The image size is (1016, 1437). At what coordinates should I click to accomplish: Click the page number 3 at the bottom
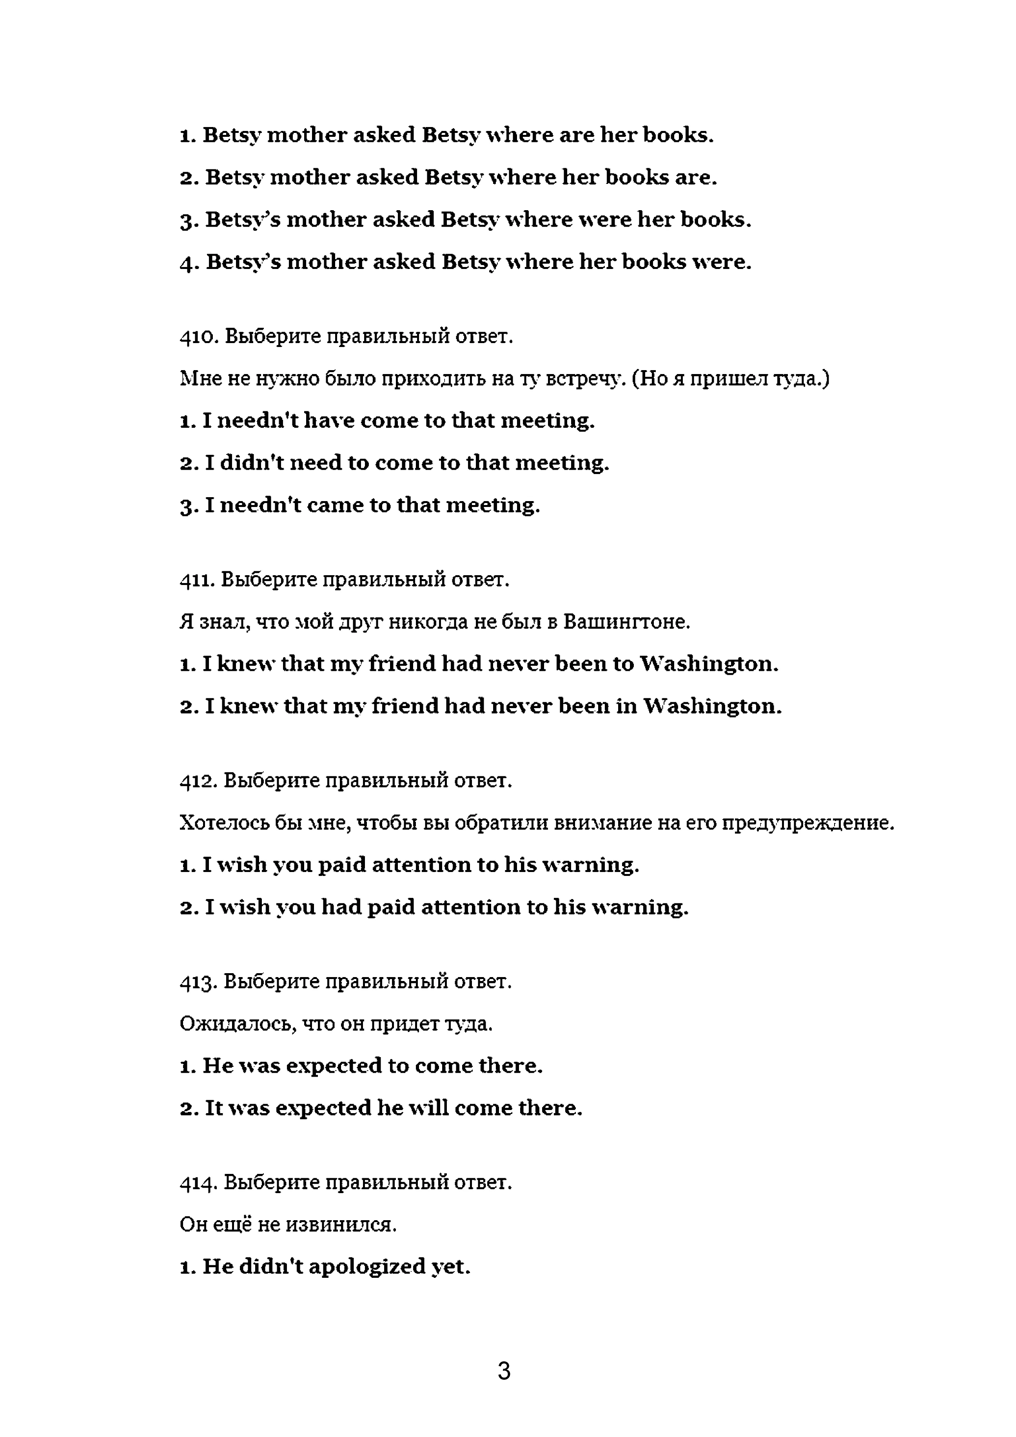pos(504,1371)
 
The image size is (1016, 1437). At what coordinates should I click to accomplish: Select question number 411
pos(196,580)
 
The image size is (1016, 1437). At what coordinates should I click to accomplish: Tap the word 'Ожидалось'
pos(238,1024)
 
